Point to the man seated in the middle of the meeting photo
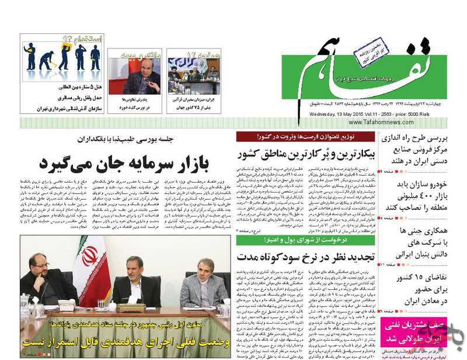134,283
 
